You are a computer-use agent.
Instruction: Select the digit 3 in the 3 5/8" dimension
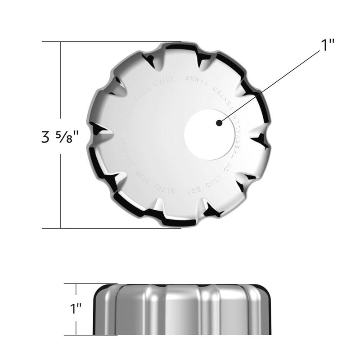click(x=45, y=136)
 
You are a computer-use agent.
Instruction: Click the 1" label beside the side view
click(x=75, y=310)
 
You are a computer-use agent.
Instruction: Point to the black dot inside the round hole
click(x=218, y=122)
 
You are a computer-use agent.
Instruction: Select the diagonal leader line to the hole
click(x=270, y=85)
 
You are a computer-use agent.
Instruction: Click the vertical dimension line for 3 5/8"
click(x=60, y=90)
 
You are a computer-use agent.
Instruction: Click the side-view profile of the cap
click(x=182, y=310)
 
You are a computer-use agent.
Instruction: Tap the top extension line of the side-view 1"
click(x=85, y=283)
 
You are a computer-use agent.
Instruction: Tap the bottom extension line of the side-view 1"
click(x=85, y=335)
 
